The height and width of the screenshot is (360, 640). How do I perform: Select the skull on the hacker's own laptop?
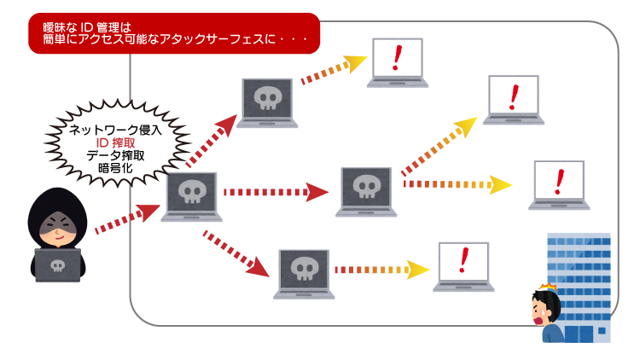coord(58,265)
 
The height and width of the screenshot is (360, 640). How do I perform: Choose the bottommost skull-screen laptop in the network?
coord(304,271)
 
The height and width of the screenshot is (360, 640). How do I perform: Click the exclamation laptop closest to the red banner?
coord(397,60)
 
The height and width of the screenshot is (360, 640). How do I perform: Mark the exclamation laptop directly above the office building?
coord(559,182)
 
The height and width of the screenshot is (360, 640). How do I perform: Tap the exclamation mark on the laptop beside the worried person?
coord(463,259)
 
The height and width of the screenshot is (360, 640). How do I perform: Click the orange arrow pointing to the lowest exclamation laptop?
coord(381,270)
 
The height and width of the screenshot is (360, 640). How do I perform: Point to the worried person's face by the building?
coord(543,309)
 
